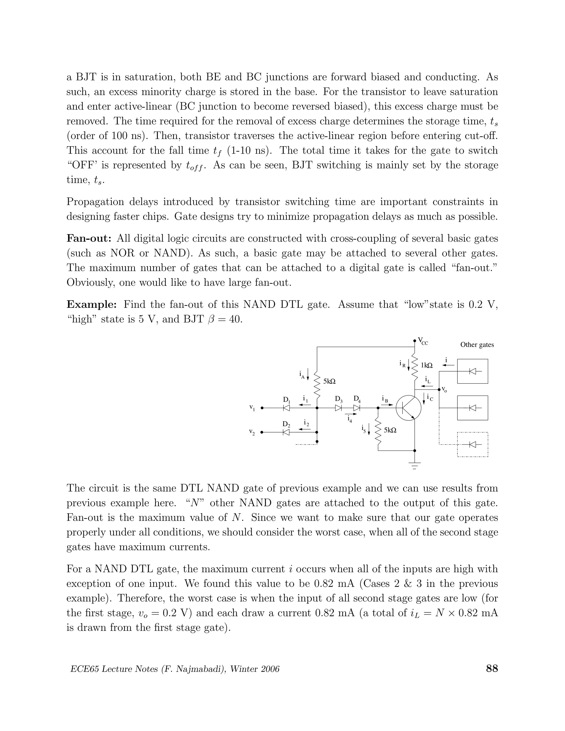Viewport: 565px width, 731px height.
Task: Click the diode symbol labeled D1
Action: [286, 408]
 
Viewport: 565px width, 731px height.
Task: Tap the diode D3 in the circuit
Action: [339, 408]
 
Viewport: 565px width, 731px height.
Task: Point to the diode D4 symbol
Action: [357, 408]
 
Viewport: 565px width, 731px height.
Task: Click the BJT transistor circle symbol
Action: [408, 408]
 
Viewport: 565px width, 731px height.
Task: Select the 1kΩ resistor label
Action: [427, 365]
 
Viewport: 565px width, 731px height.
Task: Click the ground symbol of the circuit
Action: [415, 465]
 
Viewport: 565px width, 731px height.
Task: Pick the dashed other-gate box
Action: [473, 444]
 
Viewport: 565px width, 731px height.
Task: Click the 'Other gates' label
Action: [477, 345]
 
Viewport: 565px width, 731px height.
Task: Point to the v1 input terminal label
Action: [252, 408]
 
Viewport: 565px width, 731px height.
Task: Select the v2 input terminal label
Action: [252, 433]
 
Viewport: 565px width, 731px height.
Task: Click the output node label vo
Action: [444, 389]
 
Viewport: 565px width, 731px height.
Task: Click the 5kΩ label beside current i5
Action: [390, 430]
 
